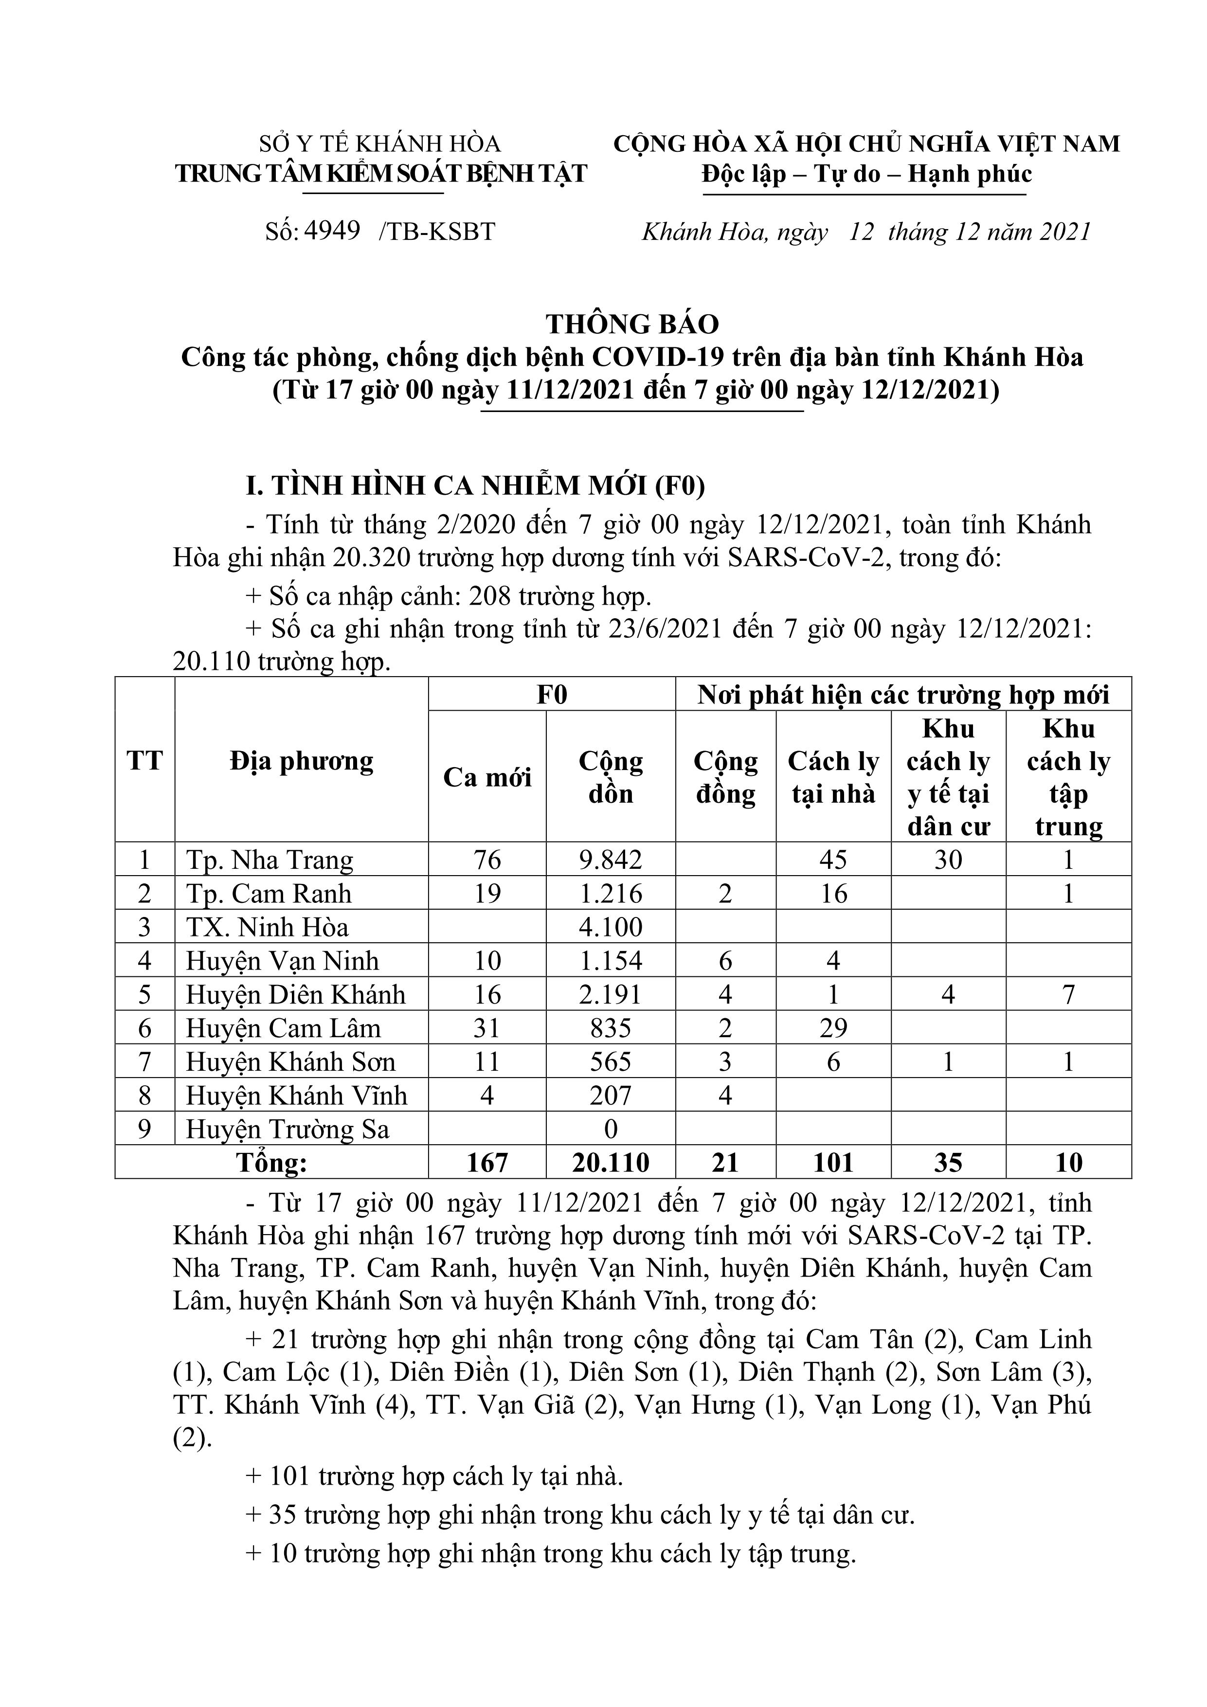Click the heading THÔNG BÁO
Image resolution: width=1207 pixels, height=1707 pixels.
pyautogui.click(x=632, y=323)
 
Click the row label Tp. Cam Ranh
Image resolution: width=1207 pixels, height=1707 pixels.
pyautogui.click(x=269, y=894)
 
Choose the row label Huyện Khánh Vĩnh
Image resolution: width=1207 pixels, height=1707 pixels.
pyautogui.click(x=296, y=1096)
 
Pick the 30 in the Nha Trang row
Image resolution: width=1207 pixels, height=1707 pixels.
pyautogui.click(x=948, y=860)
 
